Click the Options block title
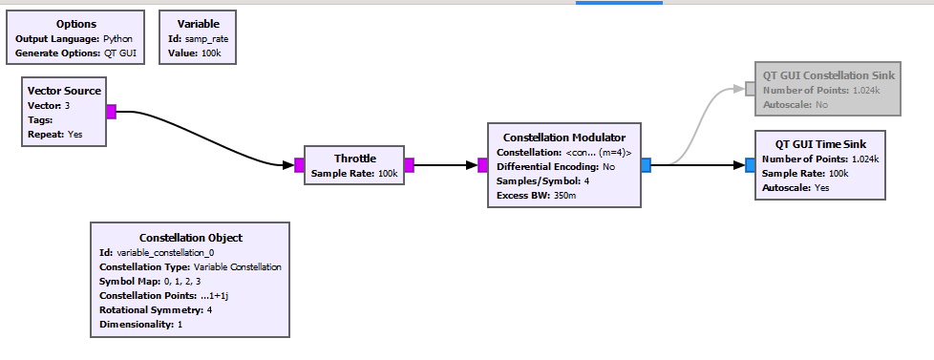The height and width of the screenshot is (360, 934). coord(76,23)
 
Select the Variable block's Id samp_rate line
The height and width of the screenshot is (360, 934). coord(198,39)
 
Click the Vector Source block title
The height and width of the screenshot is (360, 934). coord(64,91)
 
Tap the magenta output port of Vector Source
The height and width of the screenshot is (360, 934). coord(111,112)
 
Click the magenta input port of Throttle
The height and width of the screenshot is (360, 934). coord(299,165)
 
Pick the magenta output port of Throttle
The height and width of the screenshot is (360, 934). coord(409,165)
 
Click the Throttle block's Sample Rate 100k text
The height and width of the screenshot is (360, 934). coord(354,173)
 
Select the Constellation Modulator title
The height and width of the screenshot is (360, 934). coord(563,138)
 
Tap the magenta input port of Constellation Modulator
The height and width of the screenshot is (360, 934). coord(482,165)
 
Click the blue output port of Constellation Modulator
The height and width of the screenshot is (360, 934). coord(646,165)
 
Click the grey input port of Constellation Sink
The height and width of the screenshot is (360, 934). coord(750,89)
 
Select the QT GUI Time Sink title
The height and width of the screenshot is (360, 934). coord(820,144)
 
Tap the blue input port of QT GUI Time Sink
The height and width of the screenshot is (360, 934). coord(750,165)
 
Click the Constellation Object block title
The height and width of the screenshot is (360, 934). coord(190,238)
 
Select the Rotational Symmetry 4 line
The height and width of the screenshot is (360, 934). coord(156,310)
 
